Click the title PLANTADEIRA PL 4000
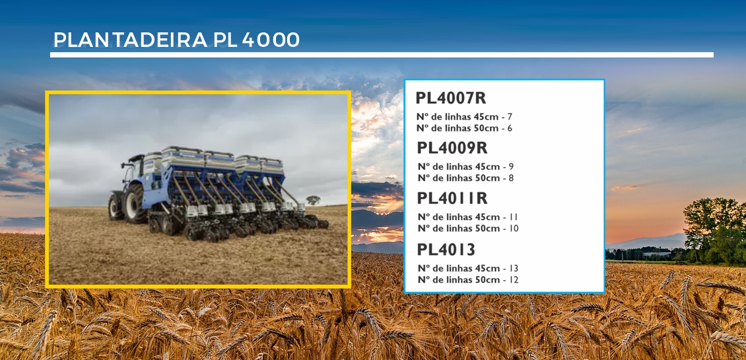click(176, 40)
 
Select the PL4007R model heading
click(450, 98)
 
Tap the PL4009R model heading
click(452, 148)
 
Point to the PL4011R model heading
click(452, 198)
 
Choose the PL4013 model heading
click(446, 249)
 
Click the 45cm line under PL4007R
click(464, 117)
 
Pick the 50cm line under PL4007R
click(464, 128)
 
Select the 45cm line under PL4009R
click(465, 166)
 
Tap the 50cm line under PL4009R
click(465, 178)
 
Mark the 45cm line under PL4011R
click(468, 217)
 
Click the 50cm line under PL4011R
click(468, 229)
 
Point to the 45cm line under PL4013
click(468, 268)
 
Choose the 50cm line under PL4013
click(468, 279)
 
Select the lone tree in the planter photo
click(312, 200)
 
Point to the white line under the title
click(382, 55)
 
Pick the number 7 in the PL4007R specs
click(510, 117)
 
